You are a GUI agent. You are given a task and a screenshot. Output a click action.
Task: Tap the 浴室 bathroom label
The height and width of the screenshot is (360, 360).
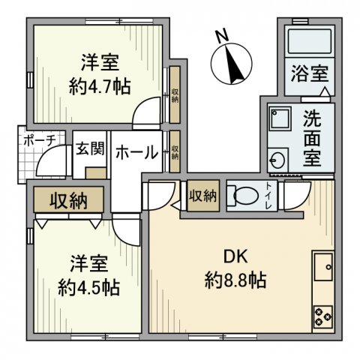coord(309,74)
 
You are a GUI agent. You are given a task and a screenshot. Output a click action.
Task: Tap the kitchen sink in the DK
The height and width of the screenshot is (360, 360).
coord(324,265)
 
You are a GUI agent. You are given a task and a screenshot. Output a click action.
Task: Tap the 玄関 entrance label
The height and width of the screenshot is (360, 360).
coord(88,148)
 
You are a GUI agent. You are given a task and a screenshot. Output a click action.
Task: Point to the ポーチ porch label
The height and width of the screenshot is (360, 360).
coord(39,140)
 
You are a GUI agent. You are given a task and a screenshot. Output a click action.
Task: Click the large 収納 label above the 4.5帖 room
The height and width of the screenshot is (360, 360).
coord(68,200)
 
